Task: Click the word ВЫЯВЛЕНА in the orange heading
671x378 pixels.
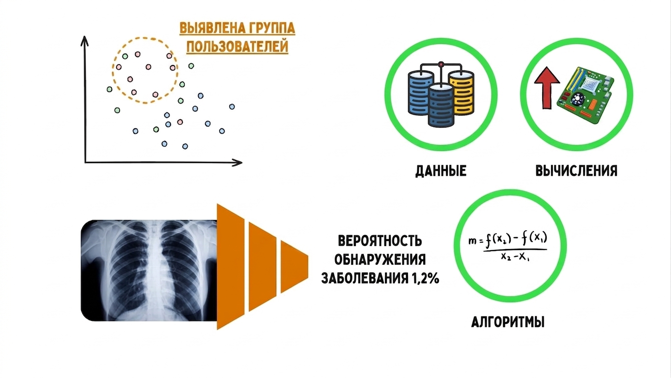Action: pos(209,29)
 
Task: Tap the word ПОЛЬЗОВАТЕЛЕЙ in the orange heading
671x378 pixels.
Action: pos(237,47)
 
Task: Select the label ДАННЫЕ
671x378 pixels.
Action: pos(440,171)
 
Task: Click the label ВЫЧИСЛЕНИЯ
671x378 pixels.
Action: pos(576,171)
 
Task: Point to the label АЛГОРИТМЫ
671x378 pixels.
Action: pos(508,322)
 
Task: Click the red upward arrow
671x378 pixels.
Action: pos(547,88)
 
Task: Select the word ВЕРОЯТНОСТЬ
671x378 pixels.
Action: pos(380,241)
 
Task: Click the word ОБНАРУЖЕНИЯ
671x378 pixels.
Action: pos(380,260)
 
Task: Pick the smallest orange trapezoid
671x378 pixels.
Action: pos(294,267)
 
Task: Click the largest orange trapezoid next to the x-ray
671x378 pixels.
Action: pos(231,267)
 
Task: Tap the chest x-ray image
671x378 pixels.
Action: pos(149,271)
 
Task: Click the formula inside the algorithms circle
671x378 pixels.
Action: pos(508,247)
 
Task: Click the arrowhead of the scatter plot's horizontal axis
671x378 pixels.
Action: pos(238,162)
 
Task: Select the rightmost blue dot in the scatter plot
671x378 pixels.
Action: pos(232,106)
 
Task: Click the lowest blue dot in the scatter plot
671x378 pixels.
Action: pos(185,146)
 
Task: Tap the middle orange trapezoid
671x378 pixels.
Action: pos(263,267)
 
